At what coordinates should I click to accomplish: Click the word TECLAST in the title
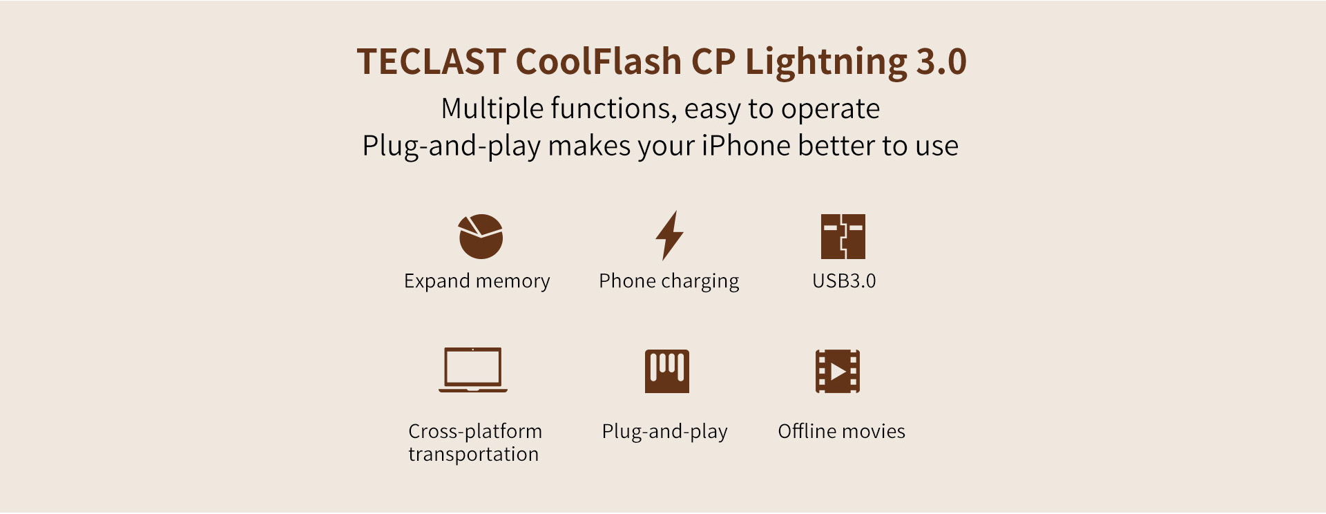431,61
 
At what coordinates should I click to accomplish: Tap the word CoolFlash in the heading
599,61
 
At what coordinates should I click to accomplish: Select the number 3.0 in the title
941,61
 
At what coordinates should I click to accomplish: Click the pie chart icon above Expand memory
481,236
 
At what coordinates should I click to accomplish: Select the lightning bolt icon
669,236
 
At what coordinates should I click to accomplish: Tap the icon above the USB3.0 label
843,236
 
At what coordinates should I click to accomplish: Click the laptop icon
473,370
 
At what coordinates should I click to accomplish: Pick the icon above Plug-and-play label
667,371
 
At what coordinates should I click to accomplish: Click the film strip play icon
838,371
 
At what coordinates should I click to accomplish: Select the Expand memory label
477,281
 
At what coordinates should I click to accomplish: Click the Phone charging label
669,281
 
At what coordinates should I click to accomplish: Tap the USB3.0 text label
844,280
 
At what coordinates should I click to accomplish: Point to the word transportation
474,454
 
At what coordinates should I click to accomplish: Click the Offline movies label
842,431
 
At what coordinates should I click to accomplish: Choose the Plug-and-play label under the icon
665,432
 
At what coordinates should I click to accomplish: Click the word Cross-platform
476,431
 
